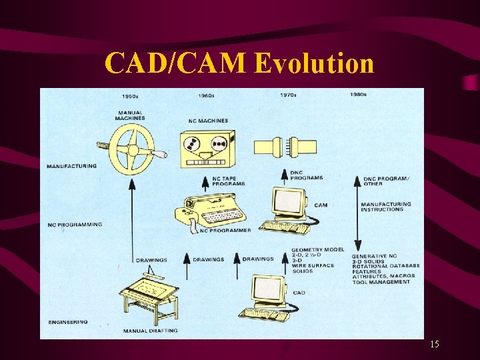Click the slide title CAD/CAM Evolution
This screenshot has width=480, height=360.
239,64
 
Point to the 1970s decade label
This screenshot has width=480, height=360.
289,95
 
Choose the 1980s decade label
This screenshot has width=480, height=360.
358,95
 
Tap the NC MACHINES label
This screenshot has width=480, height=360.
209,121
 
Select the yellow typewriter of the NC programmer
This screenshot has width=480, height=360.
210,209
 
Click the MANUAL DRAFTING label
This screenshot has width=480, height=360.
150,331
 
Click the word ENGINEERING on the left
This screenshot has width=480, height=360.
67,322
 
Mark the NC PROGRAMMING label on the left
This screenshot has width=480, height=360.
75,225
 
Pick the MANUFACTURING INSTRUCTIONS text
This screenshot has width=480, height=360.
386,207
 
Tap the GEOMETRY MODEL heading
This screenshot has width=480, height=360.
317,249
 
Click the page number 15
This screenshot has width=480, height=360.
434,345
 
